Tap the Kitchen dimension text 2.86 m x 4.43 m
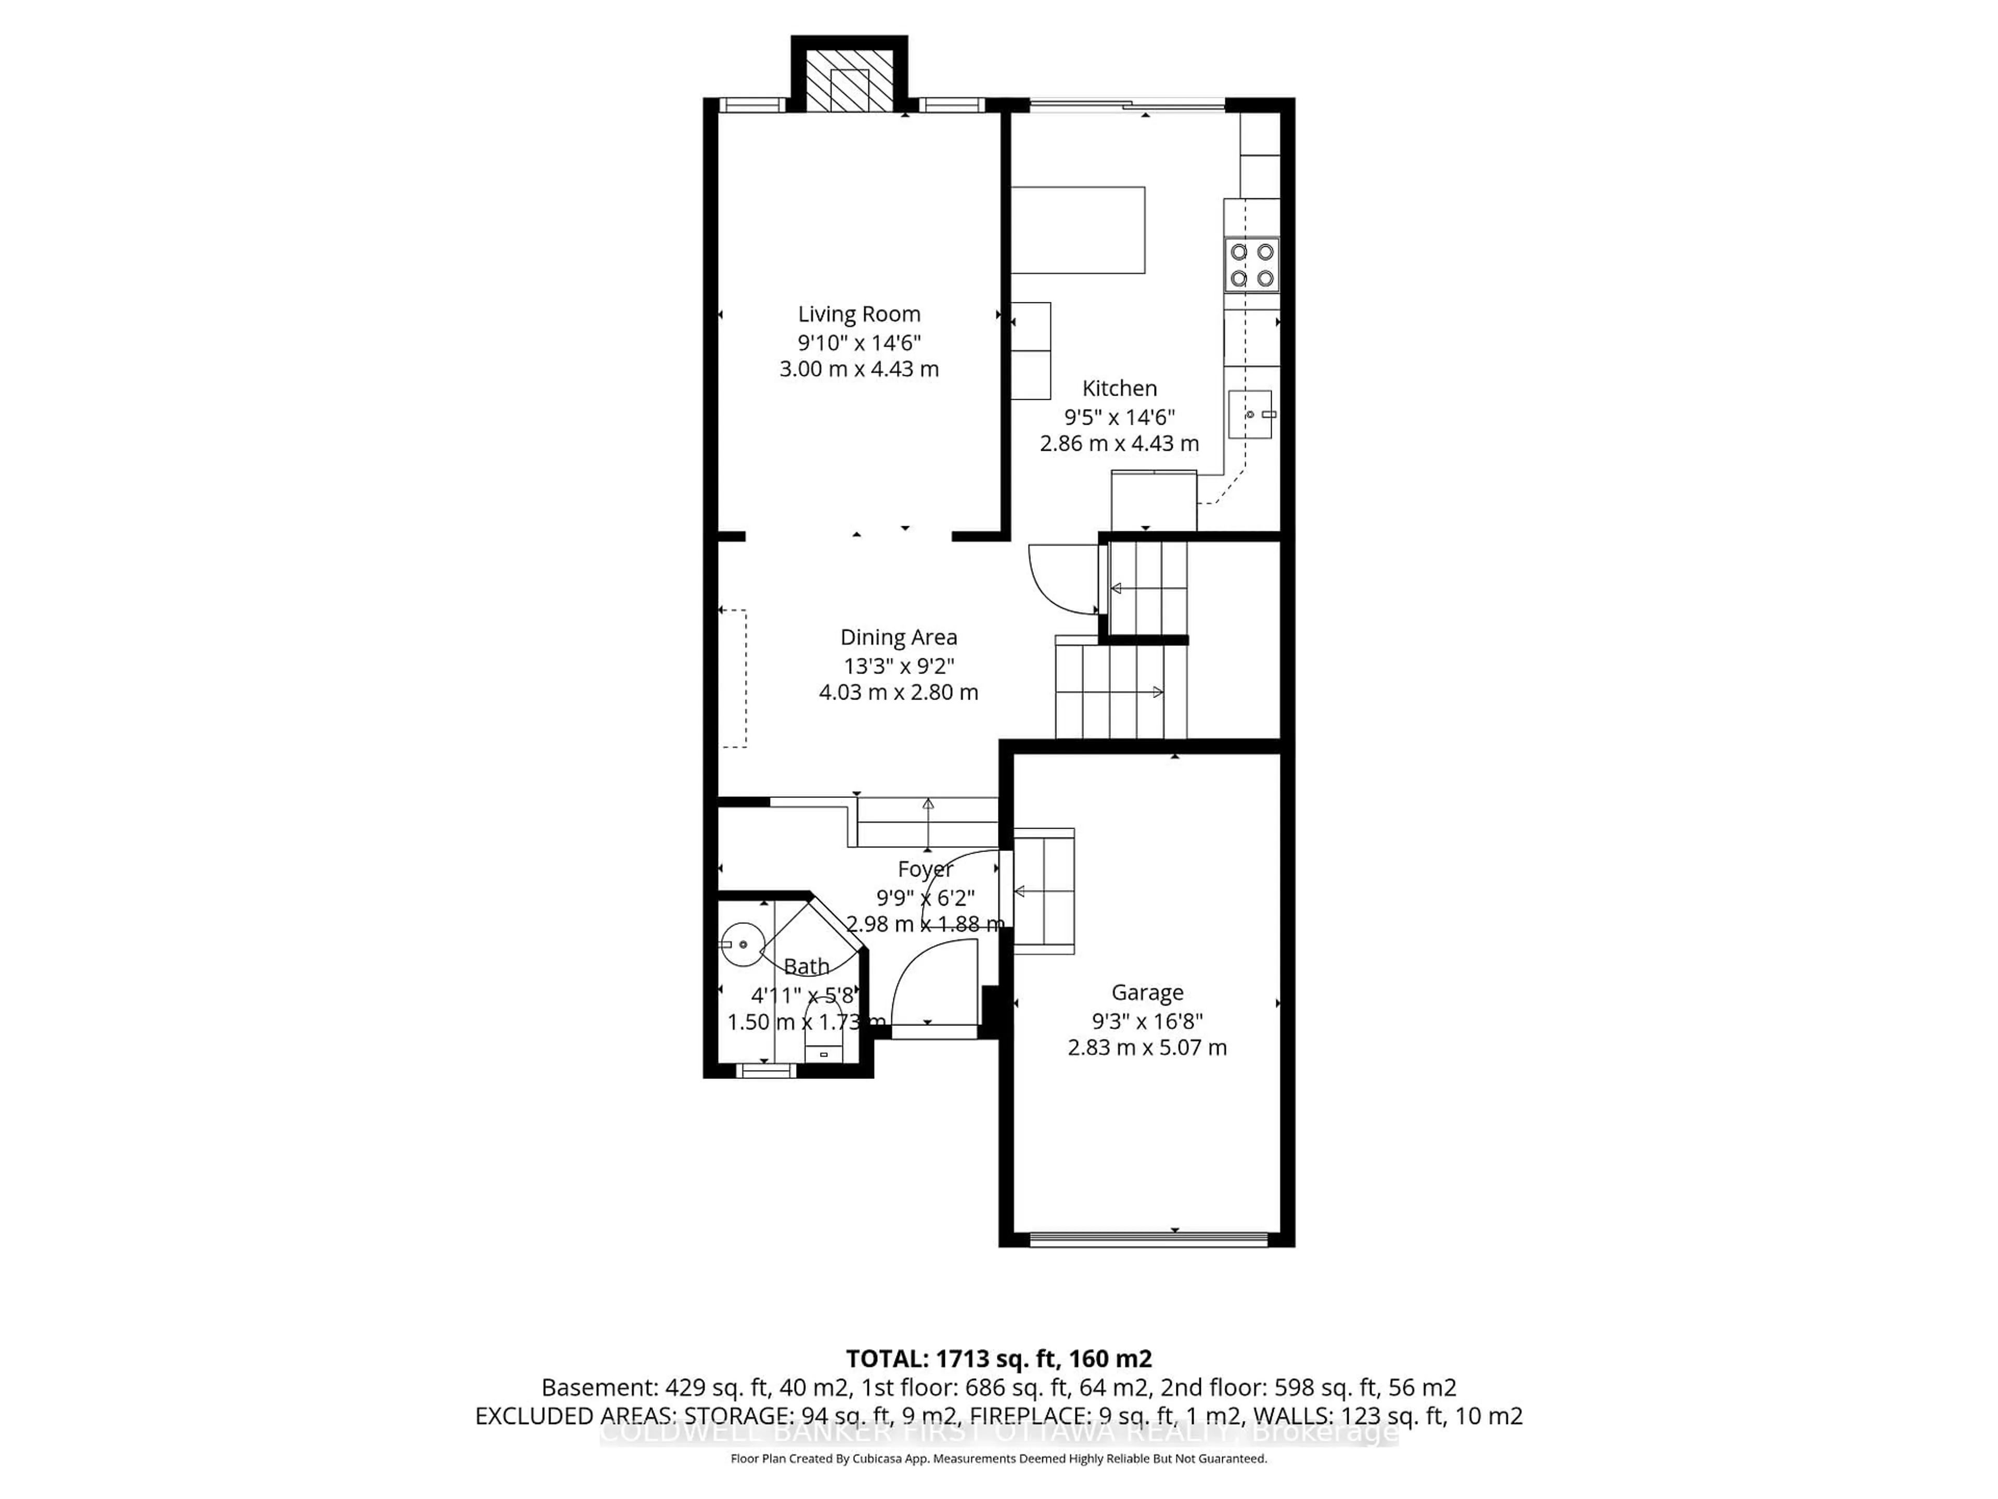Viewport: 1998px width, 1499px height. coord(1119,443)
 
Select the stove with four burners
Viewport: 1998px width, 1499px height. coord(1252,265)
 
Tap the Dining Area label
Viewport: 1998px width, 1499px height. coord(898,637)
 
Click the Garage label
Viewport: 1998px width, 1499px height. coord(1147,992)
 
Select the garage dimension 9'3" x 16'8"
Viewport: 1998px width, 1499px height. coord(1147,1021)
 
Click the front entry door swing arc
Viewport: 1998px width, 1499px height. coord(930,981)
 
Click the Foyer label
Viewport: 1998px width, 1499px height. coord(925,869)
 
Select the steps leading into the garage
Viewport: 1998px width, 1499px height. coord(1044,891)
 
